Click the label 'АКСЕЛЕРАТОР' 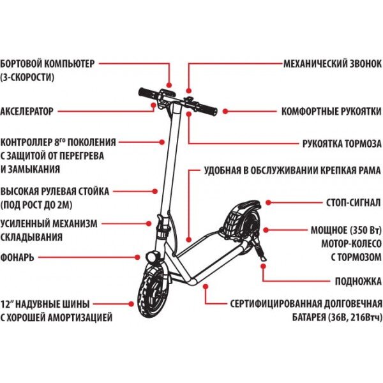point(27,110)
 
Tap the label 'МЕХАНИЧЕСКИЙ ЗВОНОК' point(333,64)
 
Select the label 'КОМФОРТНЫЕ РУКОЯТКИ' point(331,110)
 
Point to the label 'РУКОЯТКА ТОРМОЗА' point(342,144)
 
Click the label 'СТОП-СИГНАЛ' point(352,203)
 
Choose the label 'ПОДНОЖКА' point(358,280)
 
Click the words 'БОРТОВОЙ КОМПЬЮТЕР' point(47,64)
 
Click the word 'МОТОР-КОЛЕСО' point(349,243)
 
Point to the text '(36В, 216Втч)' point(350,317)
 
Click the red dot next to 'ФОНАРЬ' point(139,257)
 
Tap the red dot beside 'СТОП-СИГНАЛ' point(269,203)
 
